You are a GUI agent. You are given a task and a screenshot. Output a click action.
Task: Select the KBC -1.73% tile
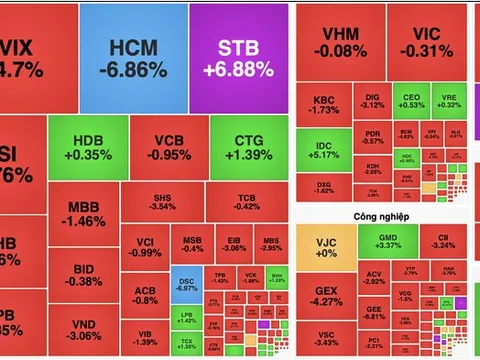(323, 106)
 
